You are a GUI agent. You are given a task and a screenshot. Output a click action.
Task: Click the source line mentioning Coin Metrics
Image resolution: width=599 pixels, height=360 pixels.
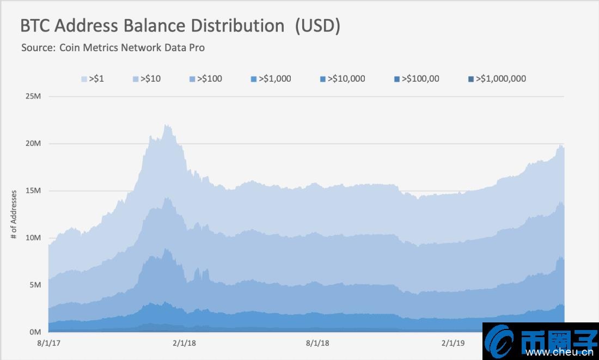113,47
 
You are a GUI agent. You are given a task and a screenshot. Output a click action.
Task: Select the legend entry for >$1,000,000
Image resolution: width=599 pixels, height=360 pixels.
497,78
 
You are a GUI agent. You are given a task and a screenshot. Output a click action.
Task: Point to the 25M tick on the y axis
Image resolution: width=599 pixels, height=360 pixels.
33,96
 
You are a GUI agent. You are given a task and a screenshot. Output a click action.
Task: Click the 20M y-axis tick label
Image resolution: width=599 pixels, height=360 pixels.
33,143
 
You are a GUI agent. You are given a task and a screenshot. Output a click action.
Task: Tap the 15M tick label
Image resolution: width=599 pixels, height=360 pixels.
33,191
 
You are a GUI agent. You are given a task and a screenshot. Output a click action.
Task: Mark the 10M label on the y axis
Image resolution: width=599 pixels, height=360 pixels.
33,238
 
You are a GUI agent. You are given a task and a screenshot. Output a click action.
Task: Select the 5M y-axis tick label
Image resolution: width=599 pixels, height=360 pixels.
35,285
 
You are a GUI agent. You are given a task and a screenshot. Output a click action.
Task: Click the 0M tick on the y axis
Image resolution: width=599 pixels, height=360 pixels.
35,332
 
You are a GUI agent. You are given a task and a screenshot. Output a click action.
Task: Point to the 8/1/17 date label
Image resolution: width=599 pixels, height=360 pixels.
48,343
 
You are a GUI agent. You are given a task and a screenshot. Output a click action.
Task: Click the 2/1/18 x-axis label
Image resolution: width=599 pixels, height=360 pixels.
185,343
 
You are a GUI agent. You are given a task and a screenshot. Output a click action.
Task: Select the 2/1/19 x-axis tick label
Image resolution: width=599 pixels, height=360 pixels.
453,343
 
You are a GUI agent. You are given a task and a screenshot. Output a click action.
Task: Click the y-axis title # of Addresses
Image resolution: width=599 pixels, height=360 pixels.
14,215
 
